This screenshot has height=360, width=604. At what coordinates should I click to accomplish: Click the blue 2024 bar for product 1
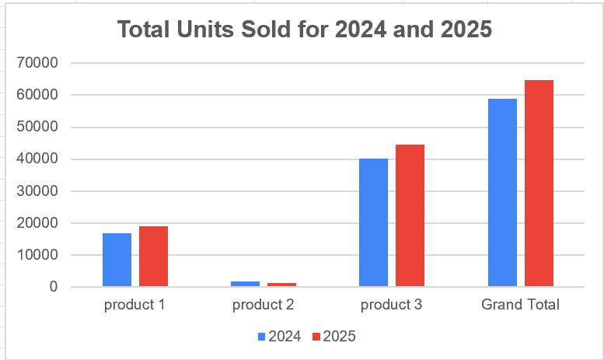point(117,260)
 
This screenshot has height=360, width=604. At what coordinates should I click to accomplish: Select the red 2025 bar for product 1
point(153,257)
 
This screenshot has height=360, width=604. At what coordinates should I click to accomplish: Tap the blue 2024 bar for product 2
point(245,284)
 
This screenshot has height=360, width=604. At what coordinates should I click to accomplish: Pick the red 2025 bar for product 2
point(281,285)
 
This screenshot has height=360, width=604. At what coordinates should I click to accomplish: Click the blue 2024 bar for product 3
point(373,222)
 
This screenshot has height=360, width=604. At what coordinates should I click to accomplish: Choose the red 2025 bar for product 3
point(410,215)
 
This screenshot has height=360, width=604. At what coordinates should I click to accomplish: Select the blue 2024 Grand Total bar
point(502,193)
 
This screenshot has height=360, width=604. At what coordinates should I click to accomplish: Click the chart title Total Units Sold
point(304,30)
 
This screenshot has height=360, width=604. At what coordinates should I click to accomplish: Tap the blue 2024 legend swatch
point(262,337)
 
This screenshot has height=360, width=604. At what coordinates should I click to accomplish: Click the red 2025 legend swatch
point(316,337)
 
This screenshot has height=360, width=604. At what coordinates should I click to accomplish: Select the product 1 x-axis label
point(134,305)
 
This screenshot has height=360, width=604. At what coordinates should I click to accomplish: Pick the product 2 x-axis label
point(263,305)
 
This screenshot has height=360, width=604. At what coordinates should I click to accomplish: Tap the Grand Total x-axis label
point(520,305)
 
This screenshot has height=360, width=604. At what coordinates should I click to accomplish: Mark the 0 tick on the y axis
point(53,287)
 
